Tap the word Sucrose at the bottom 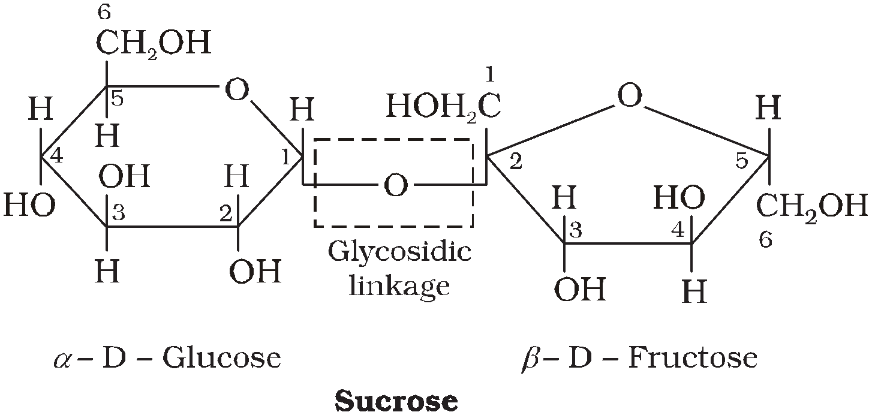396,400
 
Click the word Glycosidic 399,252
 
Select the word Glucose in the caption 222,358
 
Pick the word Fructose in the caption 692,358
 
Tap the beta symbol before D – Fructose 531,359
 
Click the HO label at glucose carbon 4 29,206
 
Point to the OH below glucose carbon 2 255,272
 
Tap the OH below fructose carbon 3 579,290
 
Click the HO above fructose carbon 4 678,197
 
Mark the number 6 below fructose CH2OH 765,240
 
